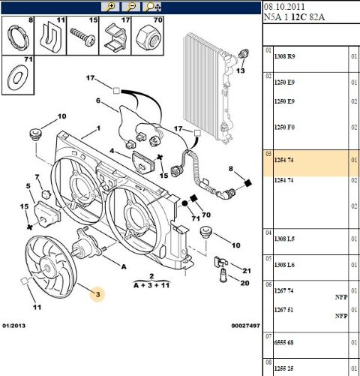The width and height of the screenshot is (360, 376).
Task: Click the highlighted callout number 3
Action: point(97,294)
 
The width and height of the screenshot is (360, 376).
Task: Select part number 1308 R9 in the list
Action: point(284,56)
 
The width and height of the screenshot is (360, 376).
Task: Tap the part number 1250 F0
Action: point(284,128)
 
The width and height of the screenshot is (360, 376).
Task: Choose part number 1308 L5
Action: point(284,239)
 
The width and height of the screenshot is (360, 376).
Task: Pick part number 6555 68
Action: point(283,342)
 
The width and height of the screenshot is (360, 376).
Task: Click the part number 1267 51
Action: point(283,310)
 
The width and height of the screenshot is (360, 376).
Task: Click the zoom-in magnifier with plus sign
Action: point(110,7)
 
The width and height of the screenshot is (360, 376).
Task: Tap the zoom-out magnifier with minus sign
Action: point(130,7)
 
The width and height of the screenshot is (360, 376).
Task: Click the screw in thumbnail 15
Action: point(82,37)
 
